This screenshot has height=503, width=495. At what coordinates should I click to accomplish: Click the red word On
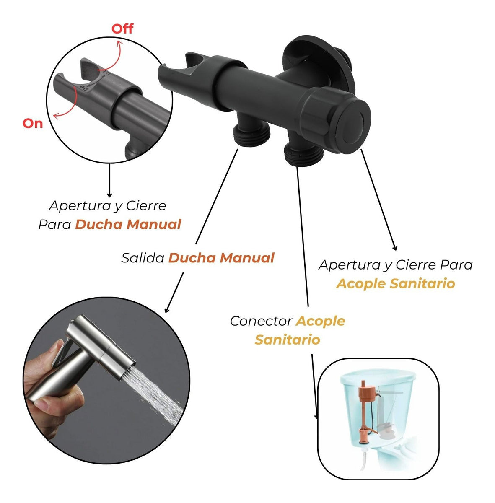[x=33, y=123]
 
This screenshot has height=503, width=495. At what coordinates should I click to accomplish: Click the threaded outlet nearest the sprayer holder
[x=251, y=135]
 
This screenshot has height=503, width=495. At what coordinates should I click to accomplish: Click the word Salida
[x=143, y=258]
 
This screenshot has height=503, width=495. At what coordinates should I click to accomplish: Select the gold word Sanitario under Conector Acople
[x=287, y=340]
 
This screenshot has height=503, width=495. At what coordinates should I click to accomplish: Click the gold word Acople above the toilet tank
[x=320, y=322]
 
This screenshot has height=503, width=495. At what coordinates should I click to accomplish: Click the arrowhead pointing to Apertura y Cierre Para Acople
[x=395, y=248]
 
